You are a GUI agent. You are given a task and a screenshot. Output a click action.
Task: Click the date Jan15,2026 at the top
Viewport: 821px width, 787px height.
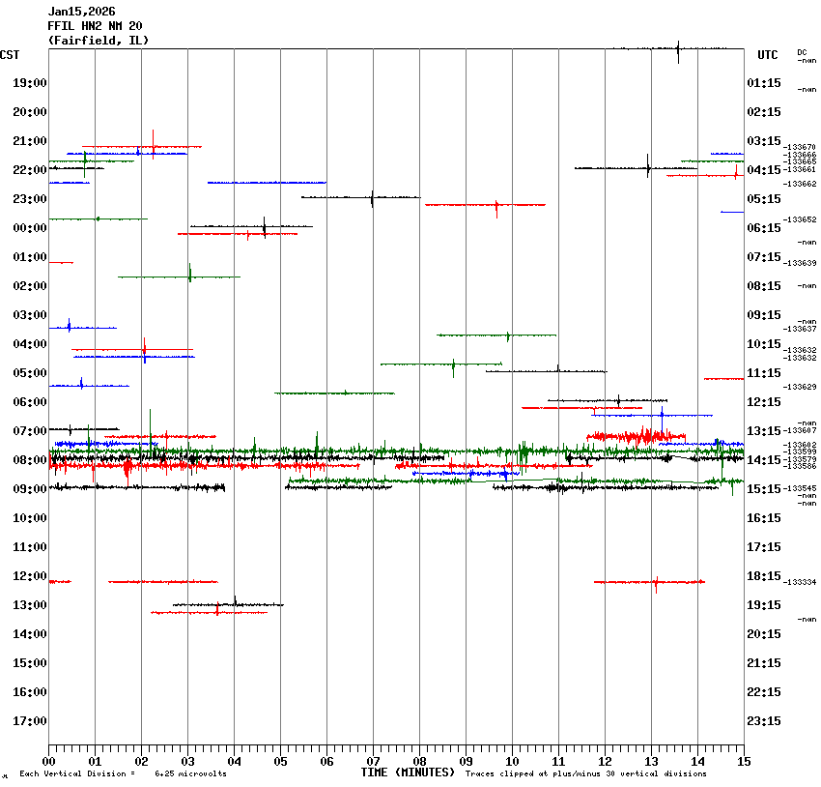81,12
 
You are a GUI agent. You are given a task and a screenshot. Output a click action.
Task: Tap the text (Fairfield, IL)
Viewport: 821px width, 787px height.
98,41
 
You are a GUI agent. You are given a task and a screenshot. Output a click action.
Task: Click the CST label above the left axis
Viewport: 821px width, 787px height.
10,55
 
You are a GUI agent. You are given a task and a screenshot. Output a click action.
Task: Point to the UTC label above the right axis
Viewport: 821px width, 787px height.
767,55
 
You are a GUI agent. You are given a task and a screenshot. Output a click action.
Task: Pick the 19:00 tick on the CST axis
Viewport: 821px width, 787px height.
30,83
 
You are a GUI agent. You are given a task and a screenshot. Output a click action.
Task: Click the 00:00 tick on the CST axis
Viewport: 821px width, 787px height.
30,228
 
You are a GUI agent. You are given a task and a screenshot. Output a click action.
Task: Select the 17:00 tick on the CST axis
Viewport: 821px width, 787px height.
30,721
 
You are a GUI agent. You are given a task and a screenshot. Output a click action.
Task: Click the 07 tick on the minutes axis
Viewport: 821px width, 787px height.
373,761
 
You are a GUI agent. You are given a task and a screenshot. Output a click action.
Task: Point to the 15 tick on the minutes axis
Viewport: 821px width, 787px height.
743,761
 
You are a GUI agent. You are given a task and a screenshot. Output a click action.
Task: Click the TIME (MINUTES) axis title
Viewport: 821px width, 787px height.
408,772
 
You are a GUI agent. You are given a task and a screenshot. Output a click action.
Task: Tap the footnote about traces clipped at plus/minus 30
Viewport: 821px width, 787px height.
585,773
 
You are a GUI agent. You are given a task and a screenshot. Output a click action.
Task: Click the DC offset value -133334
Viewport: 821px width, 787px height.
801,582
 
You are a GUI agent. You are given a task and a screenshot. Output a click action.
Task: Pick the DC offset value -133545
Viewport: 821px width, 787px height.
801,488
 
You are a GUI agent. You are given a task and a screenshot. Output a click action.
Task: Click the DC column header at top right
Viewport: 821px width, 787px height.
802,52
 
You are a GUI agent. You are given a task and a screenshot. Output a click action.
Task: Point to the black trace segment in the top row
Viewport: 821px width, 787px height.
670,47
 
